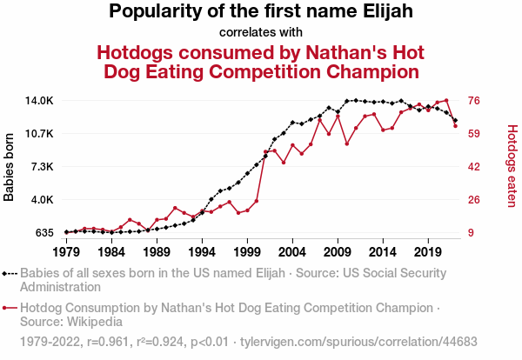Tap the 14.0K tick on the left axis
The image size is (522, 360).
pos(39,101)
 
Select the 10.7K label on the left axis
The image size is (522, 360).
pos(39,134)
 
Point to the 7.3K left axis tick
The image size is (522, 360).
pos(41,167)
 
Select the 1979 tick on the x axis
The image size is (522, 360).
pos(66,252)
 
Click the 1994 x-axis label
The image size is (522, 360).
pos(202,252)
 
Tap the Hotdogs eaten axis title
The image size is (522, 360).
pos(512,166)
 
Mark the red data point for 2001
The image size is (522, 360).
pos(265,151)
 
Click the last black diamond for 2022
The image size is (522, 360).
pos(455,120)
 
